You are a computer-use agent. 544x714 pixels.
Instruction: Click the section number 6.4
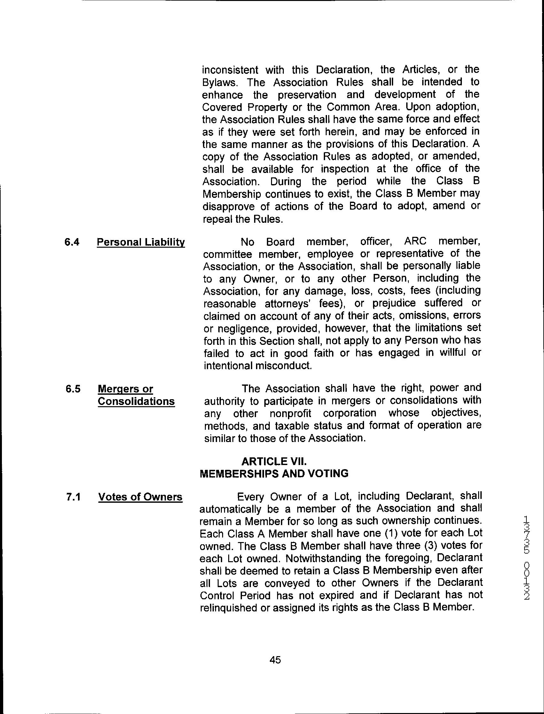(72, 242)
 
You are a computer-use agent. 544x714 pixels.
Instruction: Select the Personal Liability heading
(141, 242)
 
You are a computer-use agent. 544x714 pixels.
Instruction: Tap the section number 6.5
(73, 389)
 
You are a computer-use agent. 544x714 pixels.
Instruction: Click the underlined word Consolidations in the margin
(136, 401)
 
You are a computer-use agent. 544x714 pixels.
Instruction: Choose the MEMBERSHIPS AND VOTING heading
(274, 474)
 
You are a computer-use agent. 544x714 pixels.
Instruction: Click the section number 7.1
(73, 497)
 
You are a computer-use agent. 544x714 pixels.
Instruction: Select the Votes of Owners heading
(140, 497)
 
